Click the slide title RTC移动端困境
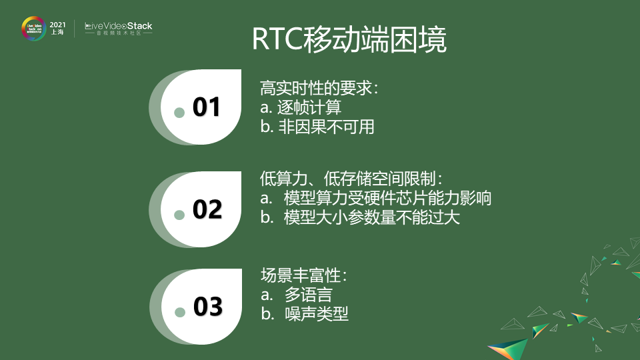(349, 39)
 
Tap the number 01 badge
(207, 107)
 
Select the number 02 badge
(207, 209)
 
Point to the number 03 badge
(207, 307)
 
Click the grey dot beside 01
(179, 113)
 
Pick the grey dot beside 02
(179, 215)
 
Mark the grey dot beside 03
(179, 312)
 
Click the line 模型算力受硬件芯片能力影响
(376, 198)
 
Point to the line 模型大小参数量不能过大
(360, 217)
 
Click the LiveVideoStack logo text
(119, 27)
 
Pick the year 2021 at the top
(58, 23)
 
